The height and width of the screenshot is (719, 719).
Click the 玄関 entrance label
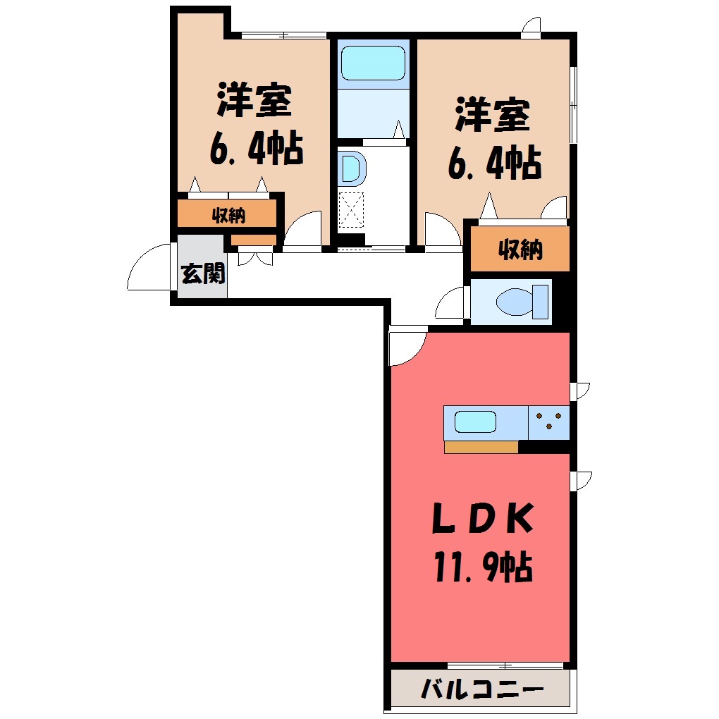[x=203, y=274]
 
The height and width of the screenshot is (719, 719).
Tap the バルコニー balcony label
[x=482, y=689]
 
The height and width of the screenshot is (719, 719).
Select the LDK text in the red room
[x=483, y=517]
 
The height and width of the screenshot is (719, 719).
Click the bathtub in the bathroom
[x=374, y=63]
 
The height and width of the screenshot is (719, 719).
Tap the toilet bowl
[x=522, y=302]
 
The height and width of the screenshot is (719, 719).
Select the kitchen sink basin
[x=475, y=422]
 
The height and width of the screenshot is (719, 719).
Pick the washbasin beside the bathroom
[x=352, y=167]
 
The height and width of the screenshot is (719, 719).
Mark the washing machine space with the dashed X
[x=351, y=210]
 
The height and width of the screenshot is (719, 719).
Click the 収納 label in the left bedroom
[x=228, y=214]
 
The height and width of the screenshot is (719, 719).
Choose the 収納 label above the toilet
[x=520, y=250]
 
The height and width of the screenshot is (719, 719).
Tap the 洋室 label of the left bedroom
[x=254, y=99]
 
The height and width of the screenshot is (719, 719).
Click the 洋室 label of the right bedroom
[x=492, y=115]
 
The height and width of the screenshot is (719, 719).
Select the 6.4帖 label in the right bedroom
[x=495, y=163]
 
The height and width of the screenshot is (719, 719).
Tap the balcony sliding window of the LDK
[x=505, y=665]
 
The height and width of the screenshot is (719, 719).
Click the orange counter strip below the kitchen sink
[x=481, y=447]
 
